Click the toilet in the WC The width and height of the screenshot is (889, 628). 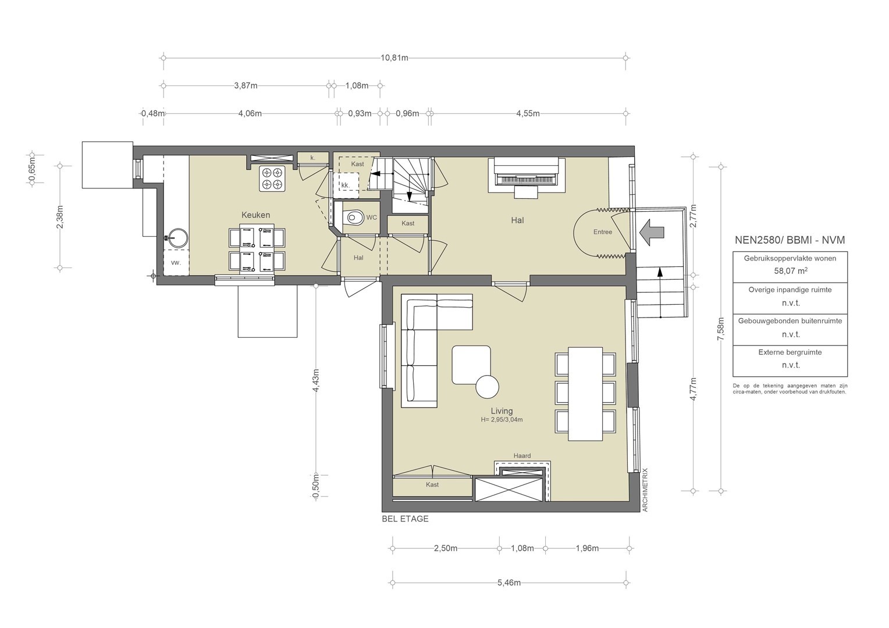tap(354, 217)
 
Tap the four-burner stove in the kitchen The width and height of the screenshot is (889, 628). tap(272, 179)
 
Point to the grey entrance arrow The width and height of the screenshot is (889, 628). tap(652, 233)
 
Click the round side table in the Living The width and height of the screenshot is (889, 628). tap(487, 387)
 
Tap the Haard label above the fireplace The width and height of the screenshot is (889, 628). tap(522, 456)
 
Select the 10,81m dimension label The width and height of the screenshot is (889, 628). tap(394, 58)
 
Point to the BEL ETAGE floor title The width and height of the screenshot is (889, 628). tap(405, 519)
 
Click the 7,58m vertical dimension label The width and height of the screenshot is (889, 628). tap(721, 329)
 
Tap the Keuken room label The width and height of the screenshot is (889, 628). tap(255, 215)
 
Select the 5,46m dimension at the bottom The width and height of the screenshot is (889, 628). tap(509, 583)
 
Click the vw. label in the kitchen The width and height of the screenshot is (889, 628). tap(176, 263)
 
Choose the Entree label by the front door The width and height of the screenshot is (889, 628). tap(602, 232)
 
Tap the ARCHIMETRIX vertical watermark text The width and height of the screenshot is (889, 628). tap(645, 490)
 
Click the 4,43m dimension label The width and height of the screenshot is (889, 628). tap(316, 380)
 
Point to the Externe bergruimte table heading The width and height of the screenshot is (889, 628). tap(790, 352)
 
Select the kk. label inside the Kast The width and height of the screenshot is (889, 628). tap(345, 185)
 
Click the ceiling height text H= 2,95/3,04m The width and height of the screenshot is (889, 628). tap(502, 420)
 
